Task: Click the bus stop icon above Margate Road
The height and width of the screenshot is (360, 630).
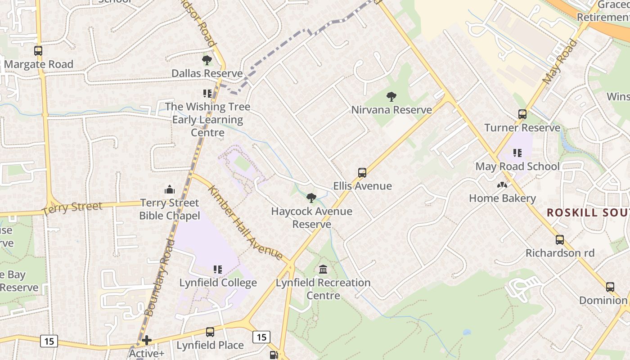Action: (x=38, y=51)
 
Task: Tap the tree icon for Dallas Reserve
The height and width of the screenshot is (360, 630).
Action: (x=207, y=60)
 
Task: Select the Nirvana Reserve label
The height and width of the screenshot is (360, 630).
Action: (x=391, y=110)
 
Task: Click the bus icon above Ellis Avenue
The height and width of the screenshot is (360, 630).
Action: (x=362, y=172)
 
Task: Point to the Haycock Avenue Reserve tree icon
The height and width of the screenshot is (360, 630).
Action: (x=311, y=198)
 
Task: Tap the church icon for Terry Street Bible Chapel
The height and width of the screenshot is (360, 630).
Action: (x=170, y=189)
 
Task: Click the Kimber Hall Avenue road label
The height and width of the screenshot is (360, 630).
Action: (x=245, y=223)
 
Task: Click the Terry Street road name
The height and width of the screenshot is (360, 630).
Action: (x=72, y=208)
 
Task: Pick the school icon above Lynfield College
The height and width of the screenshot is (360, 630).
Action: (x=218, y=270)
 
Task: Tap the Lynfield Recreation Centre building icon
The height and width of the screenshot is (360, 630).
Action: (x=323, y=270)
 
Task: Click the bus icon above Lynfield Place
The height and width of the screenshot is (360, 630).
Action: (x=210, y=332)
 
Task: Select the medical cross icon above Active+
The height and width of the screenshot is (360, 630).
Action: (x=147, y=340)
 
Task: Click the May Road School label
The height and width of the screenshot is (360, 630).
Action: (x=517, y=166)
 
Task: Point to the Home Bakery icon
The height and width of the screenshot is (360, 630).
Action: (x=502, y=185)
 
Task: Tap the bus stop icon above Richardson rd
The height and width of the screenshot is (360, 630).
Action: (x=560, y=240)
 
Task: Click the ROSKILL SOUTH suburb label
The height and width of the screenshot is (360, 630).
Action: (x=588, y=213)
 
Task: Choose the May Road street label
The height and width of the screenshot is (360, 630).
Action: (x=560, y=62)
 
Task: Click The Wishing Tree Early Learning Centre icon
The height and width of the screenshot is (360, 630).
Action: (x=207, y=94)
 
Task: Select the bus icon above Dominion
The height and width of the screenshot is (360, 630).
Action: (x=610, y=287)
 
